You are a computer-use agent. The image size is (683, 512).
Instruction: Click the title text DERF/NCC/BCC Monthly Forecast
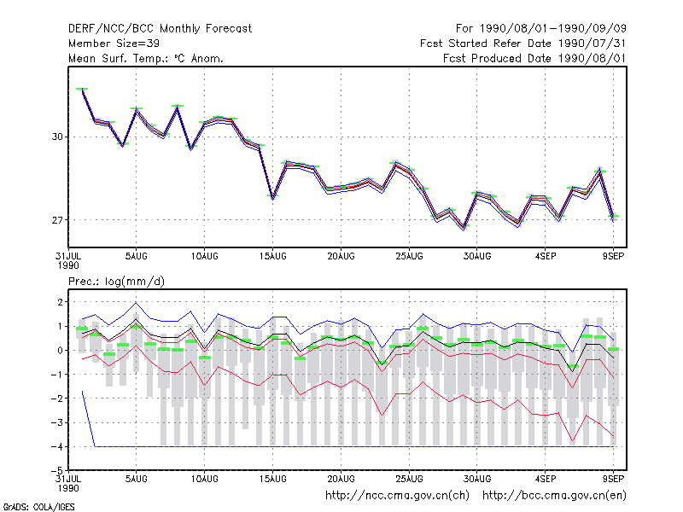160,29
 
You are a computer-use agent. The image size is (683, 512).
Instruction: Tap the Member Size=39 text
114,44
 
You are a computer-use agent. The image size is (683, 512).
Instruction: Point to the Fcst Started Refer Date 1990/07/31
522,44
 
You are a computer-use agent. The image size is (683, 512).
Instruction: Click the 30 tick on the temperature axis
57,137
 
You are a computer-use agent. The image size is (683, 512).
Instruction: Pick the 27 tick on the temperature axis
57,220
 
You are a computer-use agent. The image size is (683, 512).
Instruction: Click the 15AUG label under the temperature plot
272,257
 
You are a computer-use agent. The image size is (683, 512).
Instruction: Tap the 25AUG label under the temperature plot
409,257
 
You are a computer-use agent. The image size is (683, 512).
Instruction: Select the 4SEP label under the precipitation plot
545,479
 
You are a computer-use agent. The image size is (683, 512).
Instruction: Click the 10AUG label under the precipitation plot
204,479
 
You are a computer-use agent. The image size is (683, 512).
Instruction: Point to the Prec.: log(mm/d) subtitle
116,282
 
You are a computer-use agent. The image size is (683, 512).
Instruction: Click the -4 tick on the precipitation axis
56,446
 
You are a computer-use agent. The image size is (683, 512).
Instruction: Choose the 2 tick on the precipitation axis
60,302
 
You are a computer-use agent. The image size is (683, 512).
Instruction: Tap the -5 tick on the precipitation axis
56,471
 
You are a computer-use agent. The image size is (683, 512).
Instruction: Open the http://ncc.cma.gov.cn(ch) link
397,496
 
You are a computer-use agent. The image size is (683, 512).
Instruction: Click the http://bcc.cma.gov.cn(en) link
554,496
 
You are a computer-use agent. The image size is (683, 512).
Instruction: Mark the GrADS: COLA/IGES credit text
38,507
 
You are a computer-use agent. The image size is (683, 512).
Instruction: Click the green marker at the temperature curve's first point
82,89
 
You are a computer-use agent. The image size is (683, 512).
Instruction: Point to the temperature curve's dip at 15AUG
272,197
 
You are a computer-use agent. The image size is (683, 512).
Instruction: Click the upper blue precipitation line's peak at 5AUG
136,303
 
